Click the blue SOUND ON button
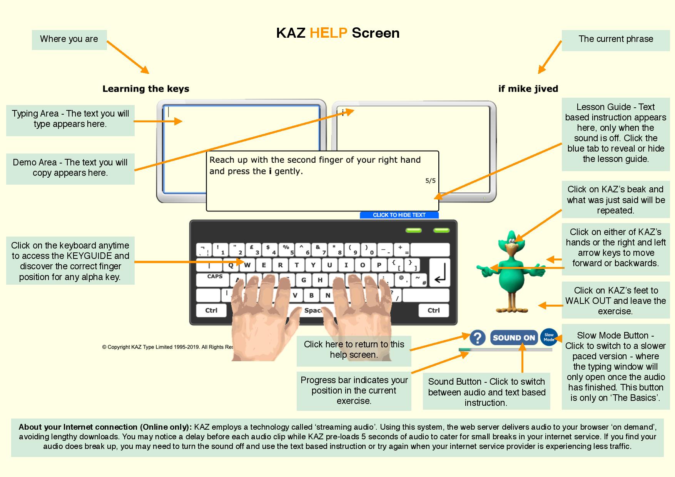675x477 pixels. click(x=514, y=338)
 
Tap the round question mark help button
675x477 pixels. click(x=478, y=338)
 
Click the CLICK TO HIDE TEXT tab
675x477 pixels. click(x=399, y=215)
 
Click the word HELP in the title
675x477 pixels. click(x=328, y=33)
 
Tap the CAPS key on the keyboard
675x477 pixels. click(x=215, y=277)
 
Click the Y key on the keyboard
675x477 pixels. click(x=313, y=265)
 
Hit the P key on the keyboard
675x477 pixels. click(x=379, y=265)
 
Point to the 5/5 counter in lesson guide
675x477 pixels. click(x=430, y=181)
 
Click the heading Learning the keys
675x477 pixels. click(x=145, y=89)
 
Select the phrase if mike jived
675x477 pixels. click(x=528, y=89)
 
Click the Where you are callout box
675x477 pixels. click(x=69, y=40)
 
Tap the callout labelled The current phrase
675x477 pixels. click(x=615, y=40)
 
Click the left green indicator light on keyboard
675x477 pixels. click(x=414, y=230)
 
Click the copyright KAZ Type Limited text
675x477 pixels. click(x=168, y=347)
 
